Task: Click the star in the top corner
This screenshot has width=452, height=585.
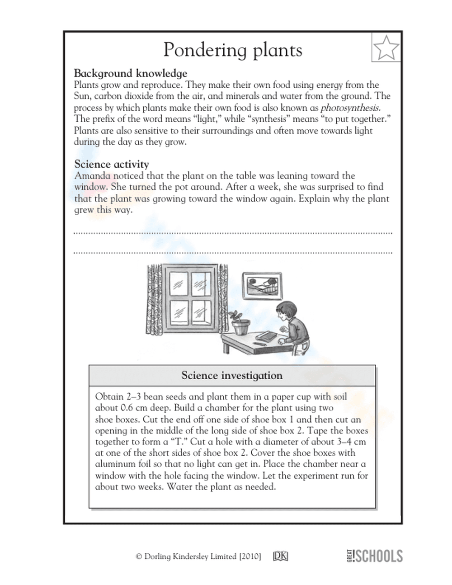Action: (x=386, y=47)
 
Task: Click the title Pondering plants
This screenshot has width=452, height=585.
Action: (x=233, y=50)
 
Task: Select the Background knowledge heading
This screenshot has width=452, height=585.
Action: (x=130, y=73)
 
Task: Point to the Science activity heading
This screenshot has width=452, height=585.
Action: (x=111, y=164)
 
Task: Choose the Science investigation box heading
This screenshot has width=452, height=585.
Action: (x=232, y=375)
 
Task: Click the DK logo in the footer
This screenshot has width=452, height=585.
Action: (x=281, y=557)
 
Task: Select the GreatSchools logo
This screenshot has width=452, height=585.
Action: (x=374, y=556)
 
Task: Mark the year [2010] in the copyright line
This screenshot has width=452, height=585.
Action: (x=250, y=557)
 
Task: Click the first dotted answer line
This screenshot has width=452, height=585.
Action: (x=233, y=233)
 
